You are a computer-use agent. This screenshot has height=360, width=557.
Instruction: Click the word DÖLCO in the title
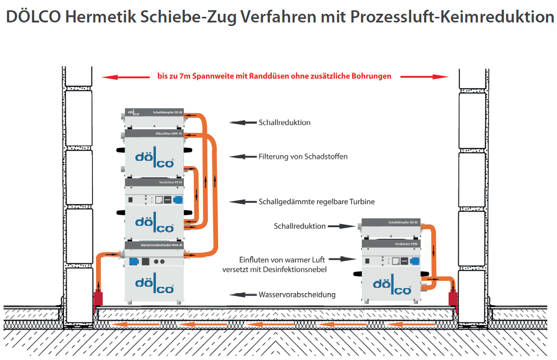tap(33, 16)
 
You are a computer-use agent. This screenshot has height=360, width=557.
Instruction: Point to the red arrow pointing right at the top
tap(425, 77)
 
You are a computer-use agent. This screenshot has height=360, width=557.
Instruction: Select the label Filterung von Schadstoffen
tap(303, 157)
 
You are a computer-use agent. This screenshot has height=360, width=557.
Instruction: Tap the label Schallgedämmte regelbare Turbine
tap(316, 202)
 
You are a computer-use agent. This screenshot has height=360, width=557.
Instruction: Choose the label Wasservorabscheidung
tap(297, 295)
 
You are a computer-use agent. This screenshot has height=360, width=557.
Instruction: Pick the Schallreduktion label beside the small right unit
tap(299, 226)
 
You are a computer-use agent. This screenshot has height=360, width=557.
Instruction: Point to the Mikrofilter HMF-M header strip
tap(154, 134)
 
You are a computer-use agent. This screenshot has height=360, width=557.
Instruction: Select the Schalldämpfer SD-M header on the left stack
tap(154, 112)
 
